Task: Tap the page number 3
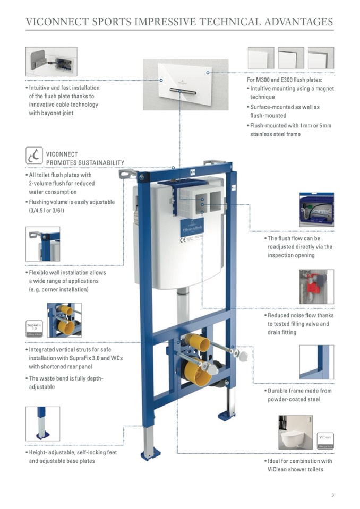pyautogui.click(x=332, y=496)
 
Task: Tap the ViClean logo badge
pyautogui.click(x=325, y=441)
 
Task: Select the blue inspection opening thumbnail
pyautogui.click(x=316, y=210)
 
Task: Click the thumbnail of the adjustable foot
pyautogui.click(x=42, y=424)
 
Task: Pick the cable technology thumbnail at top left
pyautogui.click(x=51, y=62)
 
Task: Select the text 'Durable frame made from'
pyautogui.click(x=299, y=391)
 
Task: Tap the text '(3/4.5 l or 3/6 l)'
pyautogui.click(x=52, y=211)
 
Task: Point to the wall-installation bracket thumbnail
pyautogui.click(x=42, y=244)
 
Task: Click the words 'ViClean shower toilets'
pyautogui.click(x=295, y=469)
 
